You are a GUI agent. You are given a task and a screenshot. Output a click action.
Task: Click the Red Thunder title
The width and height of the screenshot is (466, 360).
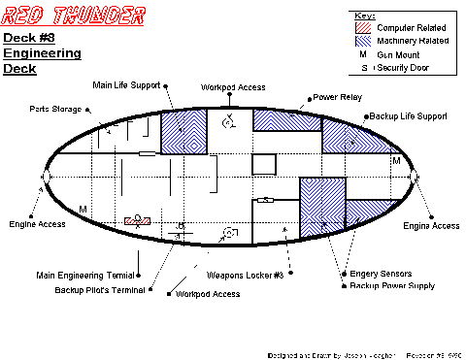[75, 16]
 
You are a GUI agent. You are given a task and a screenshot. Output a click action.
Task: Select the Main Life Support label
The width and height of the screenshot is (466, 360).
[127, 85]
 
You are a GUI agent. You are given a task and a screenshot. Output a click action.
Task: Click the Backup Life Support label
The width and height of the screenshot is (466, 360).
[408, 116]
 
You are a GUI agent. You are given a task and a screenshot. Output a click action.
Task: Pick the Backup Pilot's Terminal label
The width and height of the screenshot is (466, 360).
[99, 289]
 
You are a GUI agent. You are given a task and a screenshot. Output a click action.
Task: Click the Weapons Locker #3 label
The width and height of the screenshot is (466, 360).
[246, 275]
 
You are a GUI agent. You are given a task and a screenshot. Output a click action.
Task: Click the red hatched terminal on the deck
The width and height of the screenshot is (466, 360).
[137, 221]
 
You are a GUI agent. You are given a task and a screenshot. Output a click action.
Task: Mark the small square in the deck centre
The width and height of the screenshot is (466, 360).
[263, 164]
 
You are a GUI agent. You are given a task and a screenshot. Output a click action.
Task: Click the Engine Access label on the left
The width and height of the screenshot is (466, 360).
[38, 224]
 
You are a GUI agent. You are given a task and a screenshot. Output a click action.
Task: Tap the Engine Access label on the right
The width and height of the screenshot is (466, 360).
[431, 226]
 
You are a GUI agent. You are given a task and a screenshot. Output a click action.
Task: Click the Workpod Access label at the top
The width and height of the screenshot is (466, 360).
[229, 87]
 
